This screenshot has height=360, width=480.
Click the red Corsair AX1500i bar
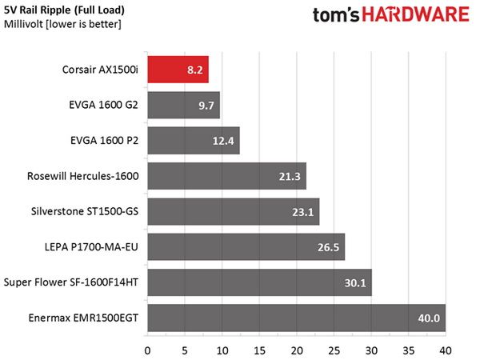[x=178, y=70]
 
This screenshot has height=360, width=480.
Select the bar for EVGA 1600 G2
[x=184, y=105]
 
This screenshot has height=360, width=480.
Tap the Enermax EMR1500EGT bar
[x=297, y=318]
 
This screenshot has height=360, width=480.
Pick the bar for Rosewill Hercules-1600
[x=227, y=176]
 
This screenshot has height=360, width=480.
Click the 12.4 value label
[x=223, y=141]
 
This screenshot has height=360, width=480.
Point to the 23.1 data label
[x=302, y=212]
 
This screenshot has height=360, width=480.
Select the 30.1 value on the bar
[x=355, y=283]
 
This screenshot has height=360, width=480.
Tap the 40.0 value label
[x=429, y=318]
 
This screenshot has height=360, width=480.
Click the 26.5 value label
[x=328, y=247]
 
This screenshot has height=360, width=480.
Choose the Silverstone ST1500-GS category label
[x=85, y=211]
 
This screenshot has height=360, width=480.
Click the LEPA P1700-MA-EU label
[x=91, y=247]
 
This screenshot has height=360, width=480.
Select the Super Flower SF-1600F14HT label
[x=71, y=282]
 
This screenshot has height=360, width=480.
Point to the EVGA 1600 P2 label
[x=104, y=141]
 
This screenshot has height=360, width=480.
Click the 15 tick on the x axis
[x=259, y=351]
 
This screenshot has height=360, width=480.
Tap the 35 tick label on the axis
[x=408, y=351]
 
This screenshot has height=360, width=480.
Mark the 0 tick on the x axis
[x=147, y=351]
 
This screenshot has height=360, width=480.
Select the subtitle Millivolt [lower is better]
[x=62, y=24]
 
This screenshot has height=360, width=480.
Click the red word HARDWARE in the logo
[x=415, y=14]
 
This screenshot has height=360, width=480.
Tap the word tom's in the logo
[x=336, y=15]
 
